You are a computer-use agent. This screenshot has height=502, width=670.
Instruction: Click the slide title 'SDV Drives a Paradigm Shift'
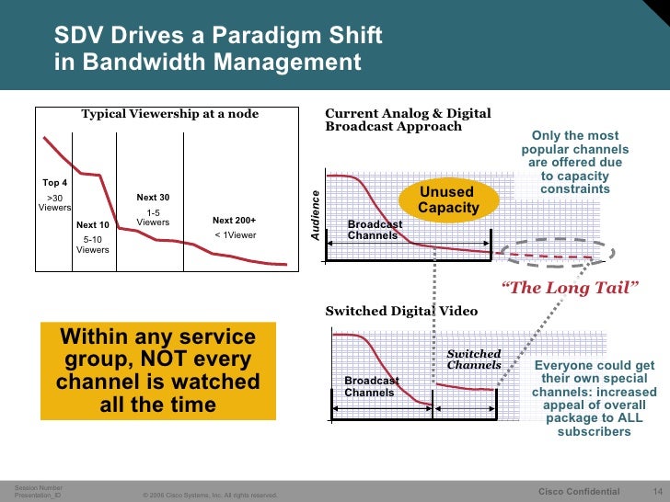click(x=217, y=37)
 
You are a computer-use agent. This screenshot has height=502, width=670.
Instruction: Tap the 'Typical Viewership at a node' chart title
click(x=170, y=114)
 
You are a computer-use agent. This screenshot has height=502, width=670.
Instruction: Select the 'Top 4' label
click(x=55, y=182)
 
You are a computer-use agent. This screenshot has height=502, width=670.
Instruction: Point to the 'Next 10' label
click(x=92, y=225)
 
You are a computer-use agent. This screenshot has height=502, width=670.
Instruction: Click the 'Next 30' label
click(x=153, y=198)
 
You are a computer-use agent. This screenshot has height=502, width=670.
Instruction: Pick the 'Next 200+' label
click(x=234, y=221)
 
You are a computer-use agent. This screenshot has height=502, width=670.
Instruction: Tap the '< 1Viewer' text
click(x=235, y=234)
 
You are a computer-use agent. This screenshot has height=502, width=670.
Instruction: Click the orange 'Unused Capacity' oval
click(x=448, y=200)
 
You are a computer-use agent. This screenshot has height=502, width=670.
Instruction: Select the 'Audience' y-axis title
click(x=314, y=216)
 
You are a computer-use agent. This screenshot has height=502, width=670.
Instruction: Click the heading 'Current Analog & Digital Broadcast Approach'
click(x=408, y=120)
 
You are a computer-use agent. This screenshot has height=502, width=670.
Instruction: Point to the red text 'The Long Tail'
click(x=569, y=289)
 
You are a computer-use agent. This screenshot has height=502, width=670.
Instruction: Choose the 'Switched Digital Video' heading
click(x=401, y=311)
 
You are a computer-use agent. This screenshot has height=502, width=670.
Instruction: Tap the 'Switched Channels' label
click(x=473, y=359)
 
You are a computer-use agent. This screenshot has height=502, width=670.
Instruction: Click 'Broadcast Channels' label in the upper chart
click(x=374, y=230)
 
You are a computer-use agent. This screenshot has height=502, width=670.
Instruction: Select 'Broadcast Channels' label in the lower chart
click(x=370, y=386)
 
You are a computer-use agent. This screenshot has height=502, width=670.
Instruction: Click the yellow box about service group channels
click(x=158, y=371)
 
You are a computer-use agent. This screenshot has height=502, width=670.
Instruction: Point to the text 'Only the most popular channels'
click(x=574, y=143)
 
